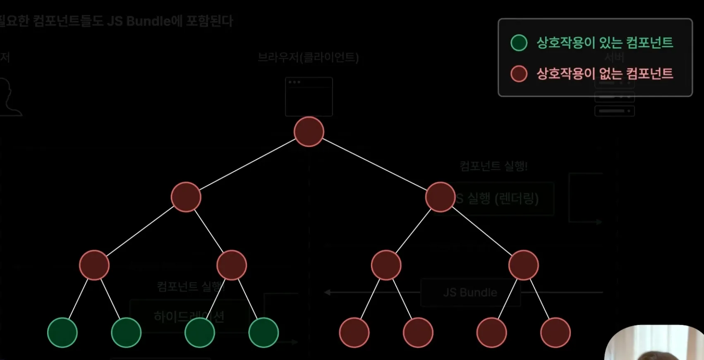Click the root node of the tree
click(309, 132)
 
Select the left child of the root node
click(186, 197)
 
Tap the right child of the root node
click(440, 197)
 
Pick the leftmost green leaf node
click(62, 333)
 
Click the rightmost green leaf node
click(263, 333)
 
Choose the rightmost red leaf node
click(555, 333)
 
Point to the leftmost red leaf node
click(354, 333)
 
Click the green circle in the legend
click(519, 43)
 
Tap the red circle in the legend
click(519, 74)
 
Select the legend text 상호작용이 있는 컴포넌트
click(605, 43)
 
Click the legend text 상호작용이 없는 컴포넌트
click(605, 74)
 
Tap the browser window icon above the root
click(309, 96)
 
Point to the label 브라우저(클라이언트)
click(308, 57)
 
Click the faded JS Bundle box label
click(470, 293)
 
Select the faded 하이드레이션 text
click(189, 317)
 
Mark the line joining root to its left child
click(247, 164)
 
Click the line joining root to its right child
click(374, 164)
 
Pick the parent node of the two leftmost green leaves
click(94, 265)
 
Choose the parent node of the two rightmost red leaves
click(523, 265)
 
